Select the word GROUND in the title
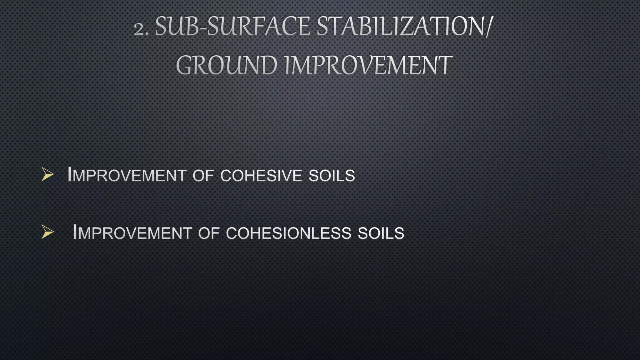227,66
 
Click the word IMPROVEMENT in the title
368,66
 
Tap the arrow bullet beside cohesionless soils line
47,232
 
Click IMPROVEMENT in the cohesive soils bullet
127,175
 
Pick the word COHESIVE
261,176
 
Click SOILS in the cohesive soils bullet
332,176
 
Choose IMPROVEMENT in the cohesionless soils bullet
132,233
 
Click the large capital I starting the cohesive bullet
70,174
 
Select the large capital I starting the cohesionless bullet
75,232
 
